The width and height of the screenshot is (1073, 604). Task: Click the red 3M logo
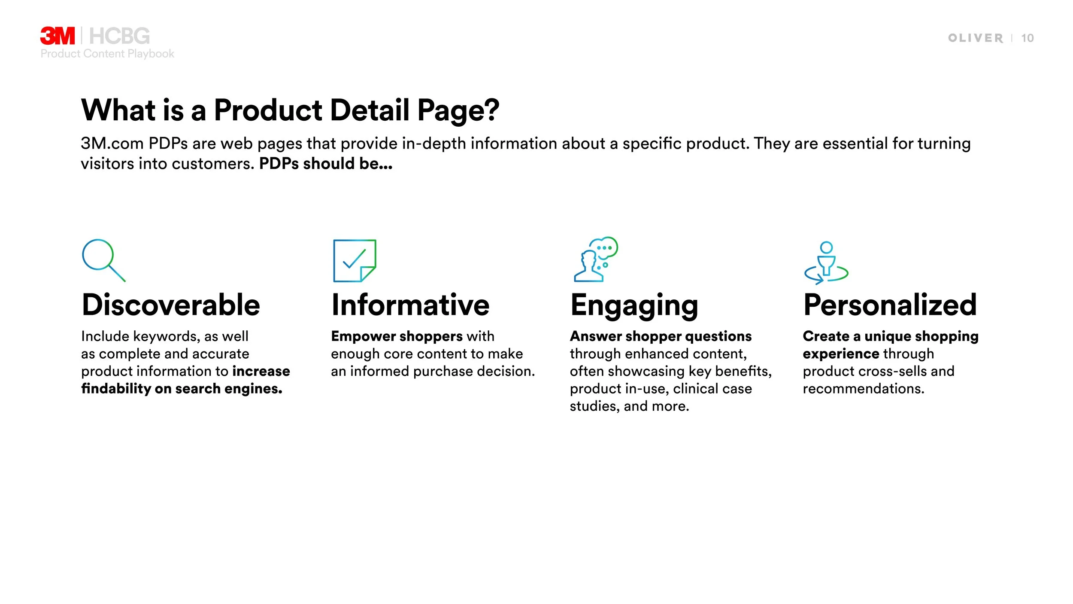pyautogui.click(x=57, y=36)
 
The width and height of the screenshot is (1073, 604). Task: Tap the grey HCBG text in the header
pyautogui.click(x=119, y=36)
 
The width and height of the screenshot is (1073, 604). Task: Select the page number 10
pyautogui.click(x=1027, y=38)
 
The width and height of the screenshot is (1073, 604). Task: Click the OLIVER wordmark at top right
pyautogui.click(x=975, y=38)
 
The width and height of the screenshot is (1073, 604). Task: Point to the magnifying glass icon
pyautogui.click(x=103, y=259)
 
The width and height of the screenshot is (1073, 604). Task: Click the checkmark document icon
pyautogui.click(x=355, y=260)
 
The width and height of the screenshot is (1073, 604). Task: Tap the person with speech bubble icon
pyautogui.click(x=596, y=259)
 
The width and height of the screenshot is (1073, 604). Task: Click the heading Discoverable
pyautogui.click(x=171, y=305)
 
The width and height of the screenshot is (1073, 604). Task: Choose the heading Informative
pyautogui.click(x=410, y=305)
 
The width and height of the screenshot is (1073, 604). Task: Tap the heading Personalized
pyautogui.click(x=890, y=305)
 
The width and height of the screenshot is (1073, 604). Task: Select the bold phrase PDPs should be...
pyautogui.click(x=325, y=164)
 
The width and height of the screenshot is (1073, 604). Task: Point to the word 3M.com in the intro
pyautogui.click(x=112, y=143)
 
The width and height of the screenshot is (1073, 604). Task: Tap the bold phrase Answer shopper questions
pyautogui.click(x=661, y=336)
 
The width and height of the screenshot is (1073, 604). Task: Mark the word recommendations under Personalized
pyautogui.click(x=863, y=389)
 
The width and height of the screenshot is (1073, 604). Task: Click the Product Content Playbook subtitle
pyautogui.click(x=107, y=54)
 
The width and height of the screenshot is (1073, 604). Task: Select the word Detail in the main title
pyautogui.click(x=370, y=110)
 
